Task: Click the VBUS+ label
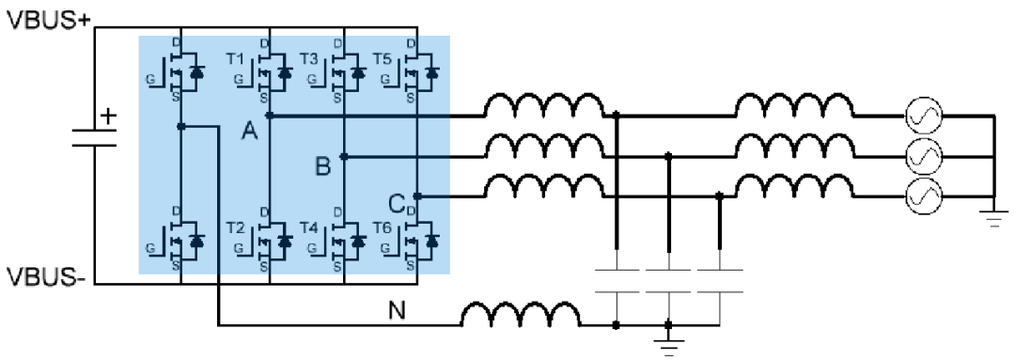(x=47, y=20)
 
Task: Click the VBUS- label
(x=47, y=277)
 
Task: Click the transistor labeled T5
(x=417, y=70)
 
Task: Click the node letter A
(x=249, y=132)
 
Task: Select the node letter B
(x=323, y=167)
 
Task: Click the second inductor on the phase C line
(x=795, y=186)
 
